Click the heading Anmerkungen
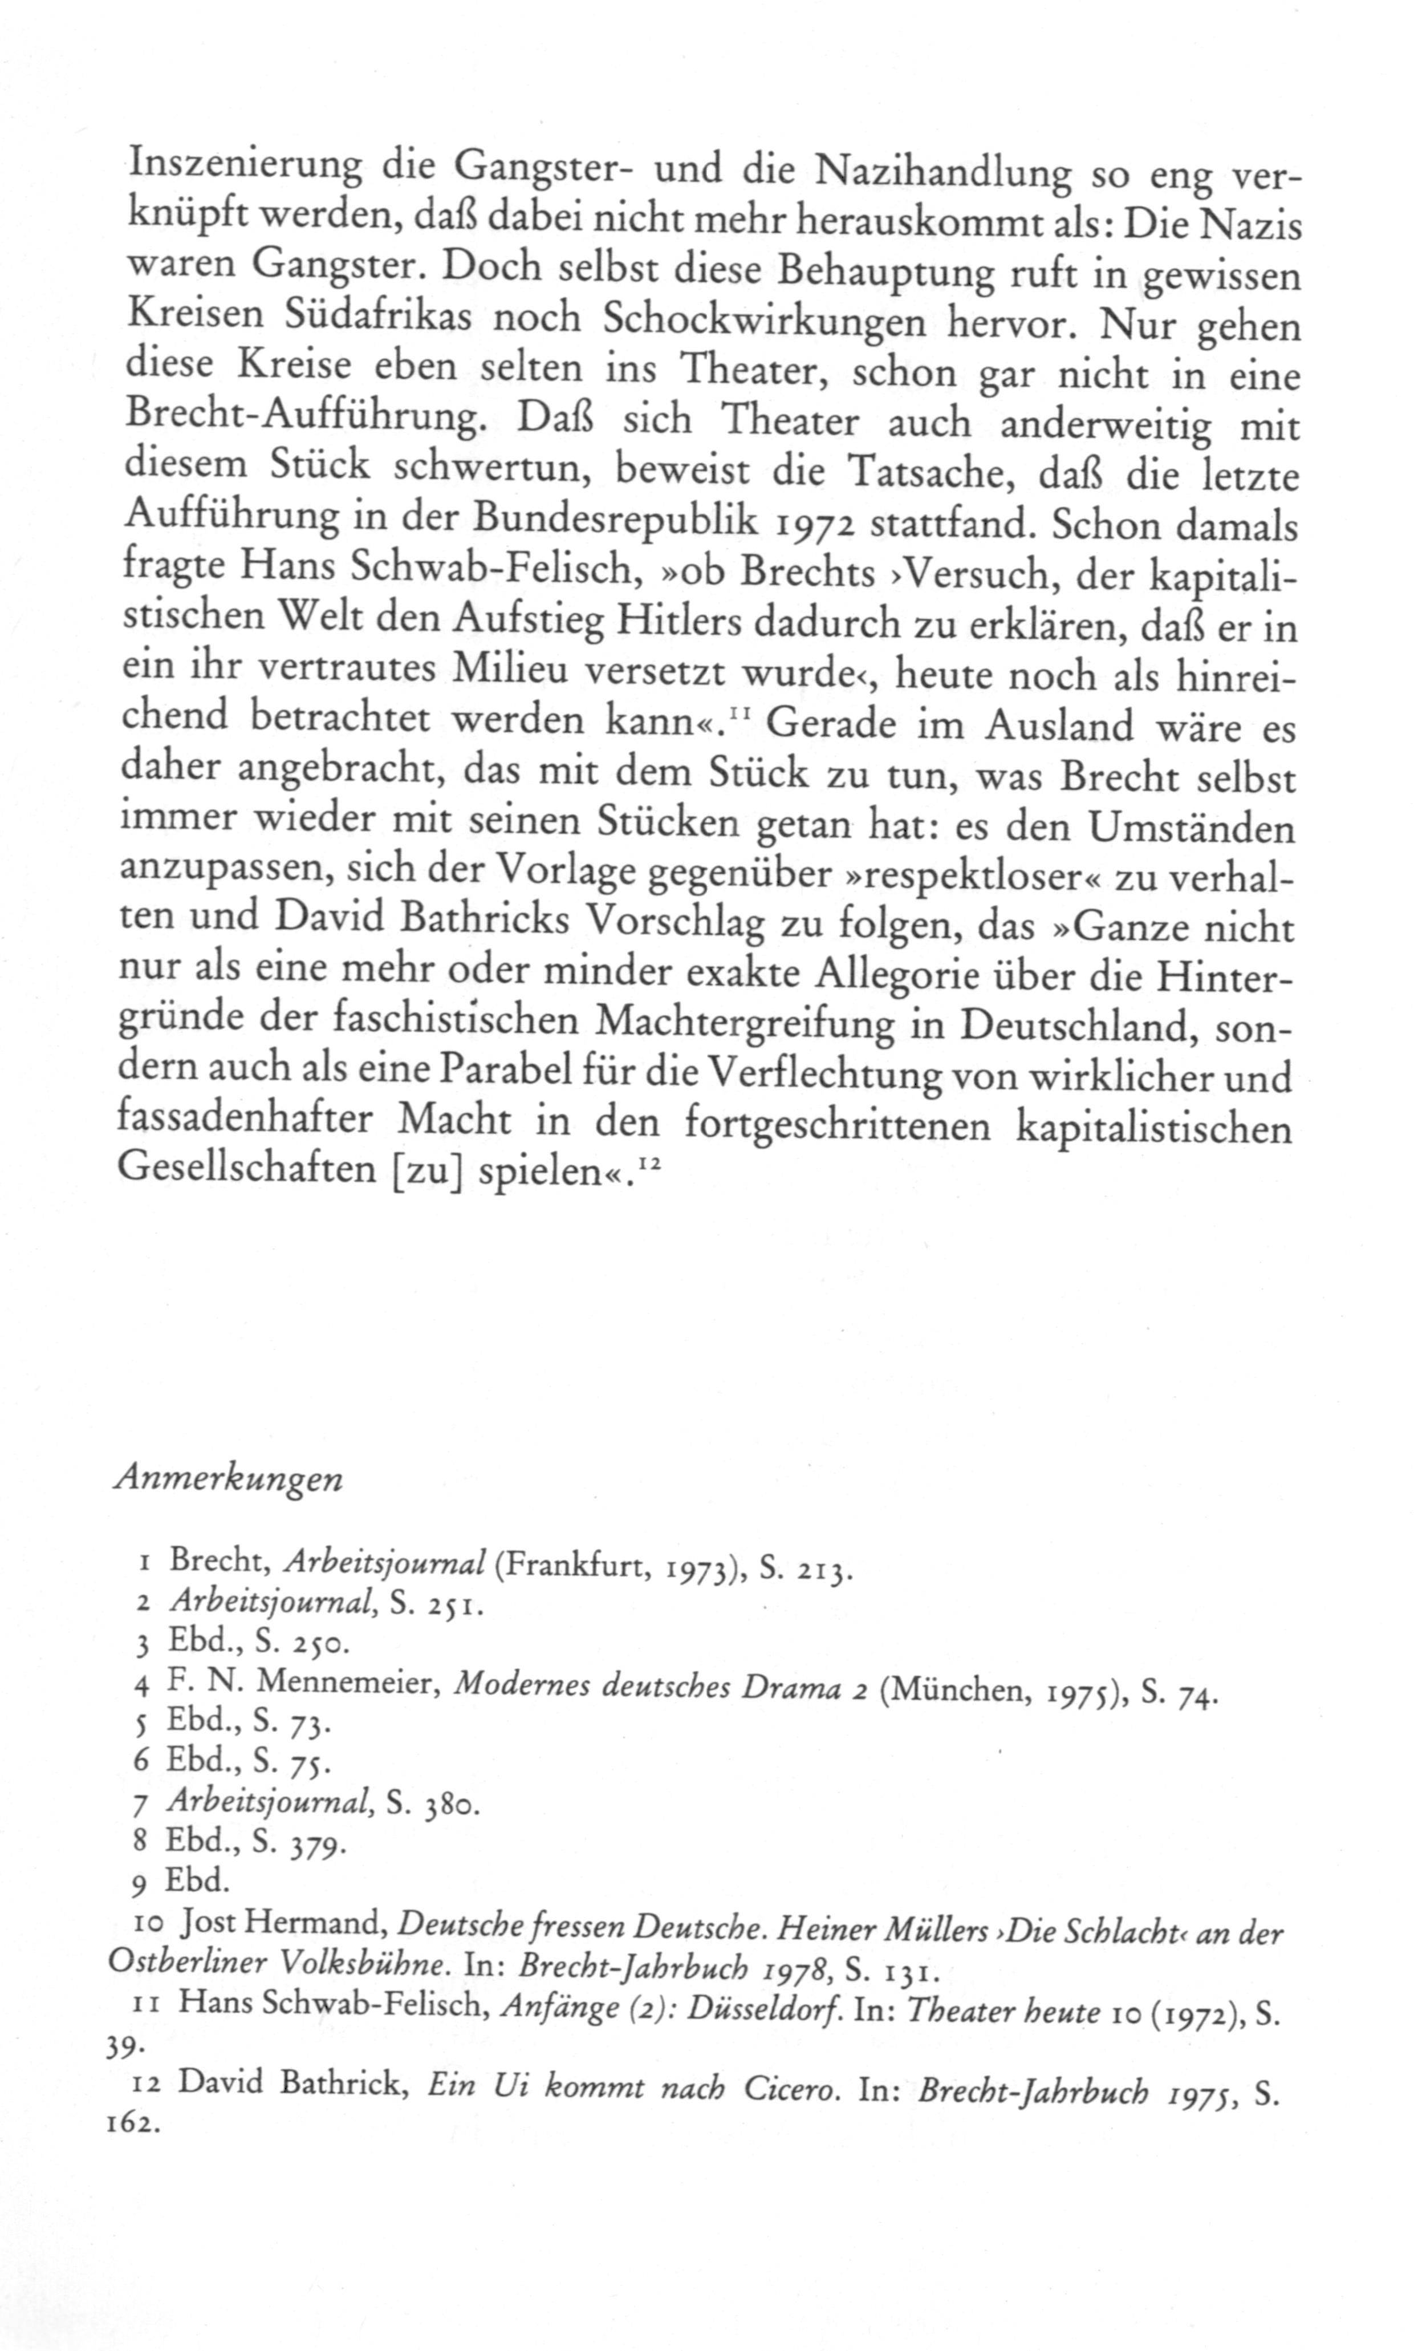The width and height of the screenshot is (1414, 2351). (x=227, y=1479)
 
